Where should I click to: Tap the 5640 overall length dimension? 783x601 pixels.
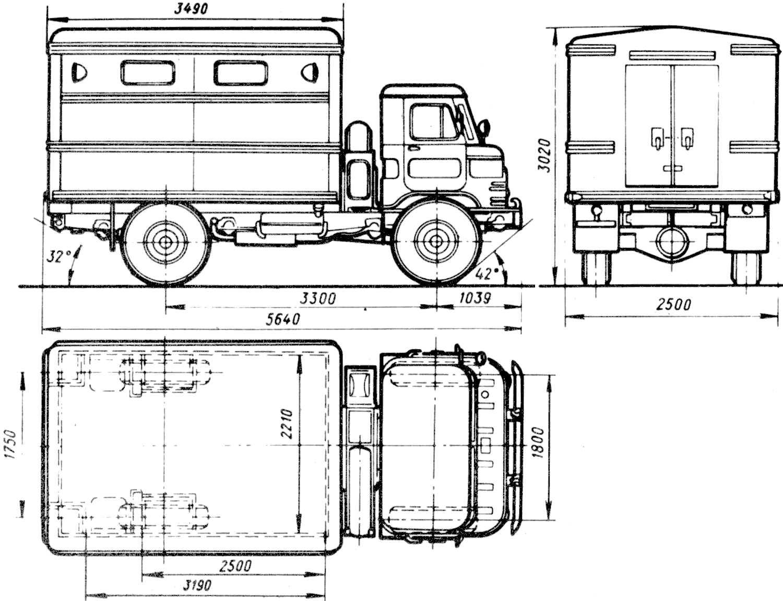pyautogui.click(x=283, y=319)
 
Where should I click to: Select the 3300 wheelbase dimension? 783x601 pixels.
pyautogui.click(x=319, y=299)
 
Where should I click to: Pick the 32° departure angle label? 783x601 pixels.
pyautogui.click(x=59, y=256)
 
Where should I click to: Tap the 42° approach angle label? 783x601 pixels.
pyautogui.click(x=486, y=274)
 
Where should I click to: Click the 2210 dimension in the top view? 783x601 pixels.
pyautogui.click(x=287, y=423)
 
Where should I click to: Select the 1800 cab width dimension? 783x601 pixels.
pyautogui.click(x=539, y=442)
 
